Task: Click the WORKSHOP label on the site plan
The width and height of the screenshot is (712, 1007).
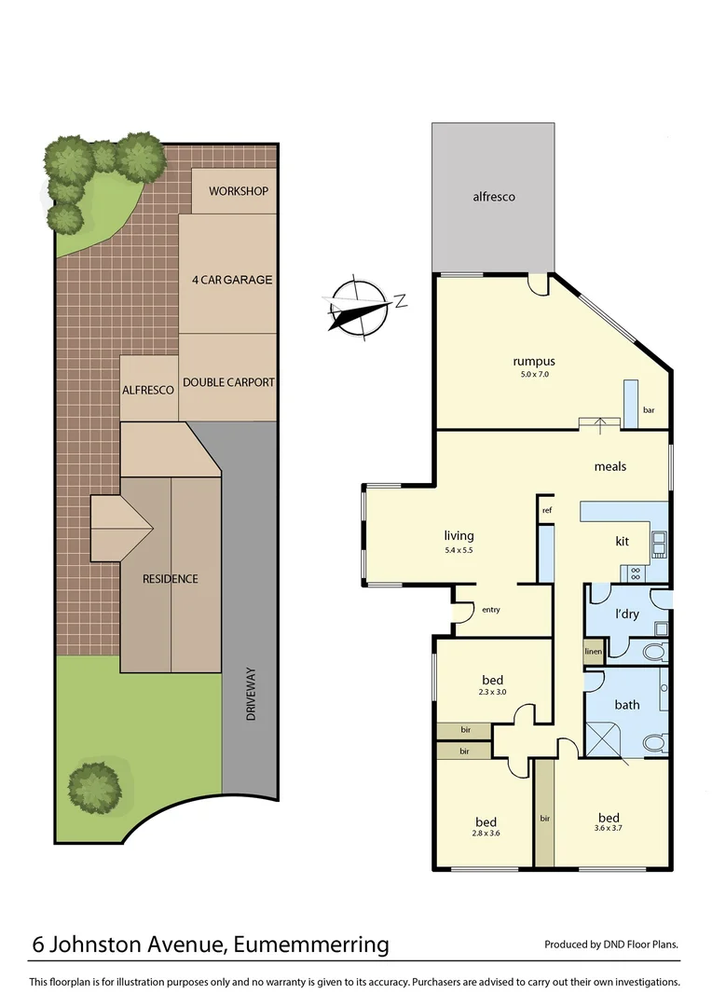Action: pos(238,191)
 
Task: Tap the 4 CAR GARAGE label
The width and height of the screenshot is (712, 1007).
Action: pos(231,280)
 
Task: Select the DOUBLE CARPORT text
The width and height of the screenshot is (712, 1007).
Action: pos(228,382)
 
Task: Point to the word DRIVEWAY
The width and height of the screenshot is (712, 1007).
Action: pos(250,694)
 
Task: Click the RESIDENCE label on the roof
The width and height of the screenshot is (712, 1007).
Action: pos(170,579)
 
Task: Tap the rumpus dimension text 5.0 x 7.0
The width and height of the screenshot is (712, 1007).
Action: pos(534,376)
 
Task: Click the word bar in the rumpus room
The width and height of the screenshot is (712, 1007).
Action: pos(649,409)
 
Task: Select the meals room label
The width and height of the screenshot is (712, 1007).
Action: pos(610,466)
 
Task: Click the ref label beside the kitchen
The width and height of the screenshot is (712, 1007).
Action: pos(547,510)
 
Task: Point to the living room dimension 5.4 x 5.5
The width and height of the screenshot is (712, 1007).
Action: pos(459,550)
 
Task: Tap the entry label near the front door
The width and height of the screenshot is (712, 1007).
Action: pos(490,610)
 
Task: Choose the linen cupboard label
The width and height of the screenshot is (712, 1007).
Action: pos(593,651)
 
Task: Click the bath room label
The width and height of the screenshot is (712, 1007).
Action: pos(627,705)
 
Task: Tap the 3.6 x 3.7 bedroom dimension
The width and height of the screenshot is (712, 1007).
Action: pos(609,827)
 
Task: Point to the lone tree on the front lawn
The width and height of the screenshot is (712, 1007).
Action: pos(94,785)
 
